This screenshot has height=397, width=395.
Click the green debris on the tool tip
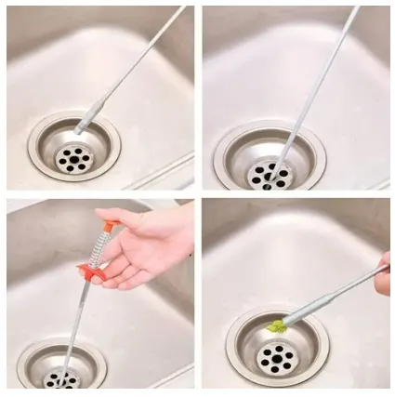point(276,326)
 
